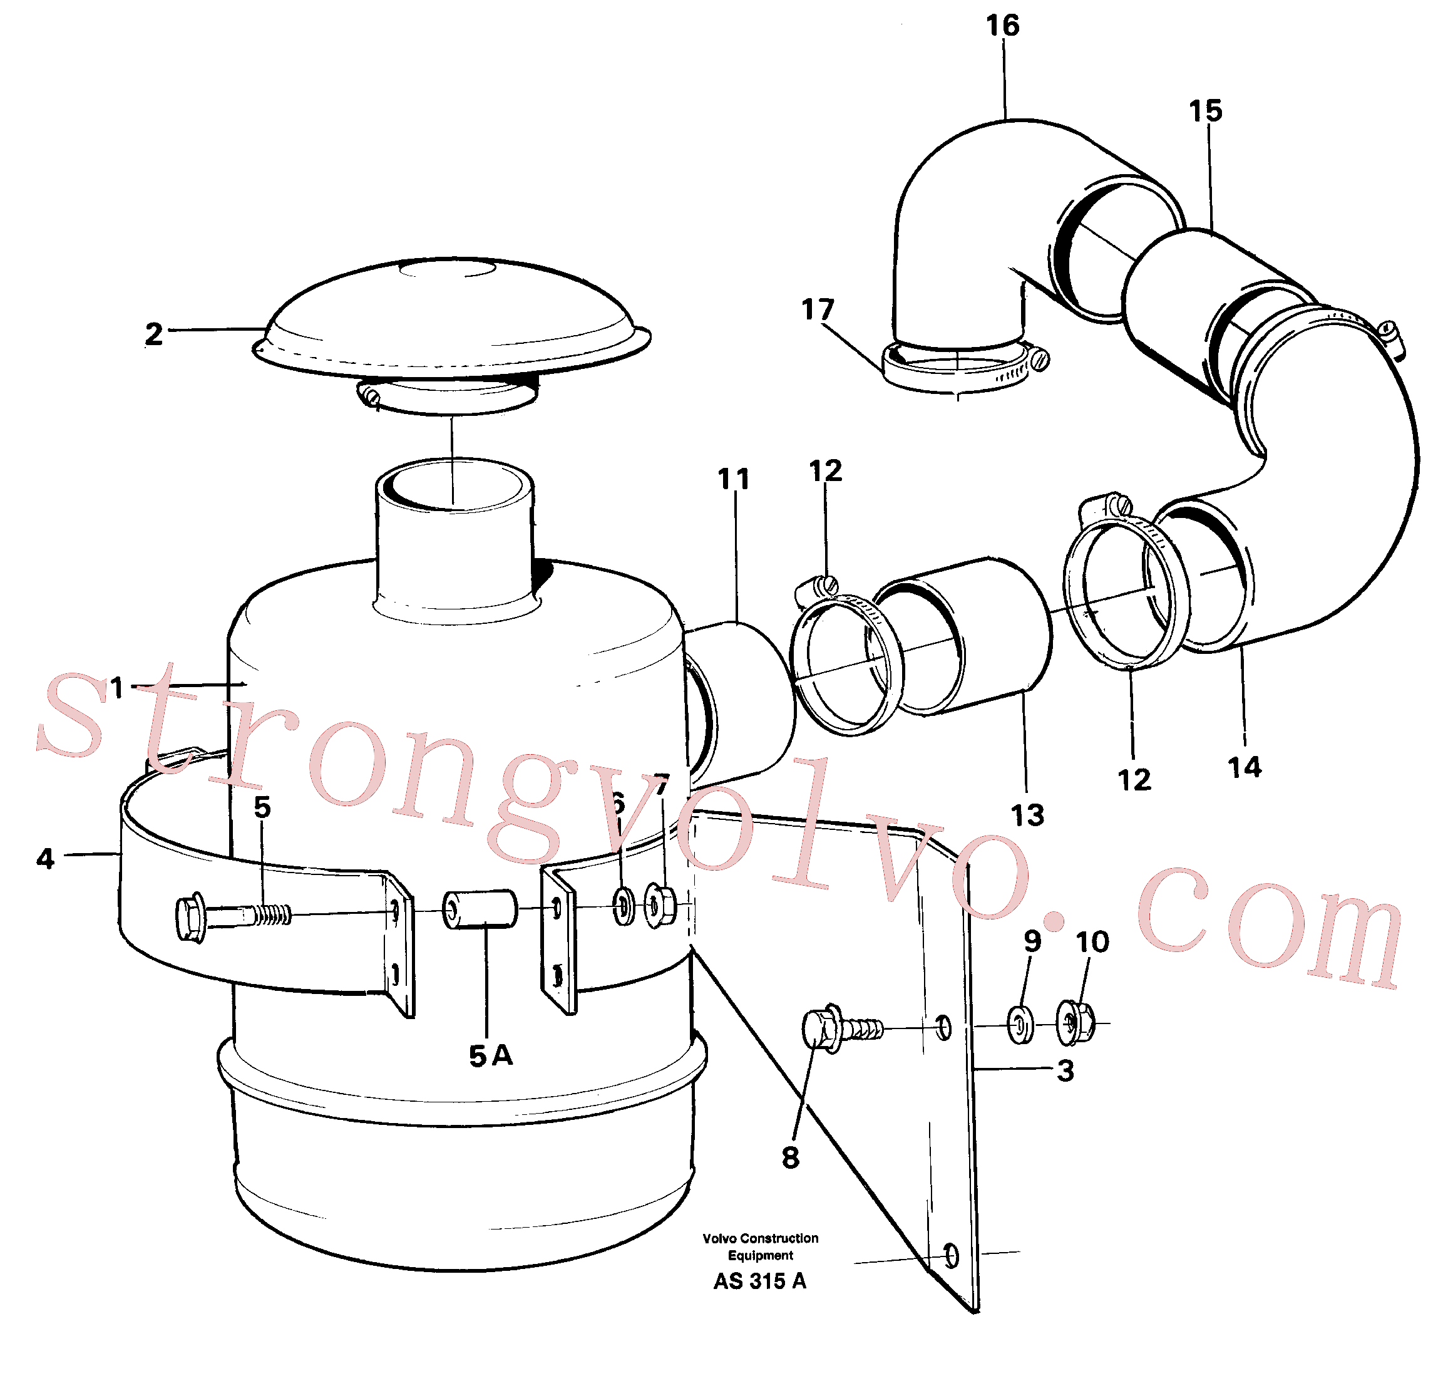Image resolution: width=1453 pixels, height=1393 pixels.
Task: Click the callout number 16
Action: click(x=1002, y=26)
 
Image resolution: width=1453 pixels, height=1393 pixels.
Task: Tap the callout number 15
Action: click(x=1205, y=111)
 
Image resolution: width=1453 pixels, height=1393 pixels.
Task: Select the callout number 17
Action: click(x=818, y=310)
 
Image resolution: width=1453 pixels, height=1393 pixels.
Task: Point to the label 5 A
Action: click(x=491, y=1055)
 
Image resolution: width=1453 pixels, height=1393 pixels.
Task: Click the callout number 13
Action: click(x=1027, y=816)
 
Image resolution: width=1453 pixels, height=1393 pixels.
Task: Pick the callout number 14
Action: click(x=1245, y=768)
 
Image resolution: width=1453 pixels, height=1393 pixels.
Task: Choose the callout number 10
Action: click(x=1092, y=943)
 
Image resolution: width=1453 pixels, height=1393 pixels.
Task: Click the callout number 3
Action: click(x=1065, y=1071)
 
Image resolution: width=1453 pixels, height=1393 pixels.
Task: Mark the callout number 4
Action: click(x=45, y=859)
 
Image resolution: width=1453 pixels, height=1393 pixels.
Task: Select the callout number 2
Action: click(x=153, y=334)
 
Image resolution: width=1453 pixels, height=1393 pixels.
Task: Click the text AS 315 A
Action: click(x=760, y=1281)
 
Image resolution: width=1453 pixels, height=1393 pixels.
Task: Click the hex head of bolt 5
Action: click(x=192, y=918)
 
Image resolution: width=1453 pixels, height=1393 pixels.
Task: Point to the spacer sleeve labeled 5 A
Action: click(x=479, y=909)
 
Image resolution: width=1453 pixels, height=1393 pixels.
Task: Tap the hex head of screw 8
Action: click(x=821, y=1028)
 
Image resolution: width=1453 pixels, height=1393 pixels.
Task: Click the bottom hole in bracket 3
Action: click(x=951, y=1255)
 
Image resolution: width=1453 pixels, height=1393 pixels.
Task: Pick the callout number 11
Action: click(x=734, y=479)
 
